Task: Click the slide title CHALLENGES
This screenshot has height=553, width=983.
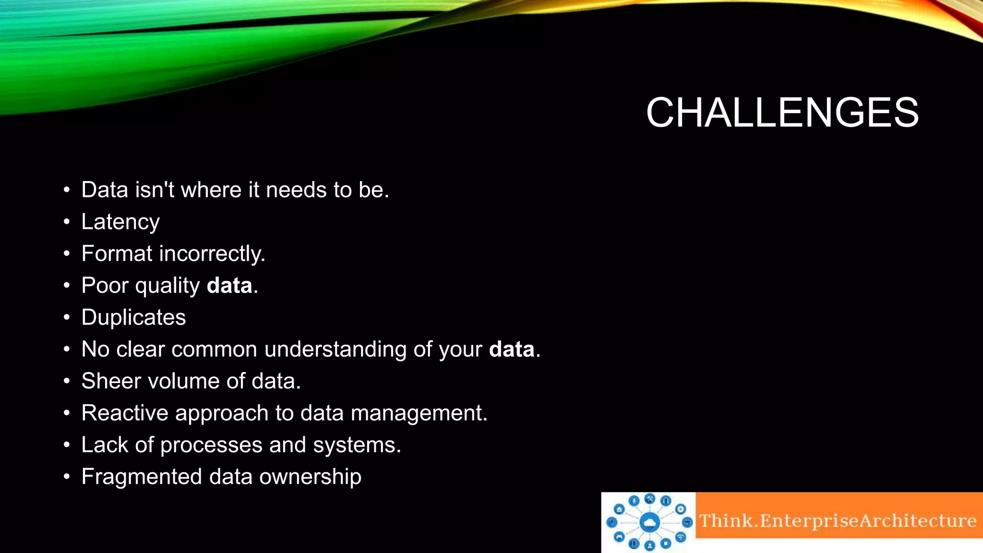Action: (x=782, y=112)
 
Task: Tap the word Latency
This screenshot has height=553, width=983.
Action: (x=120, y=222)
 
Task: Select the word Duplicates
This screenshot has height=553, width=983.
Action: (x=133, y=317)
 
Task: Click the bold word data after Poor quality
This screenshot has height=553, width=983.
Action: (x=229, y=286)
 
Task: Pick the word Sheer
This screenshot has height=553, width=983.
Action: (x=111, y=381)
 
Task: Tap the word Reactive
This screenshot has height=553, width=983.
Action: (x=125, y=413)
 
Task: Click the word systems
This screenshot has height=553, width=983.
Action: (x=357, y=445)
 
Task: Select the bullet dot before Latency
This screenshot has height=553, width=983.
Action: (x=67, y=222)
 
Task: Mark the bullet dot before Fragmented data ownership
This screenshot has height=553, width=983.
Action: (x=67, y=477)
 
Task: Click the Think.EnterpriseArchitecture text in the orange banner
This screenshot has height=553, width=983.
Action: (x=838, y=521)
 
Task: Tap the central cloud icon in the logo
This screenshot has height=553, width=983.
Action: (x=649, y=522)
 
